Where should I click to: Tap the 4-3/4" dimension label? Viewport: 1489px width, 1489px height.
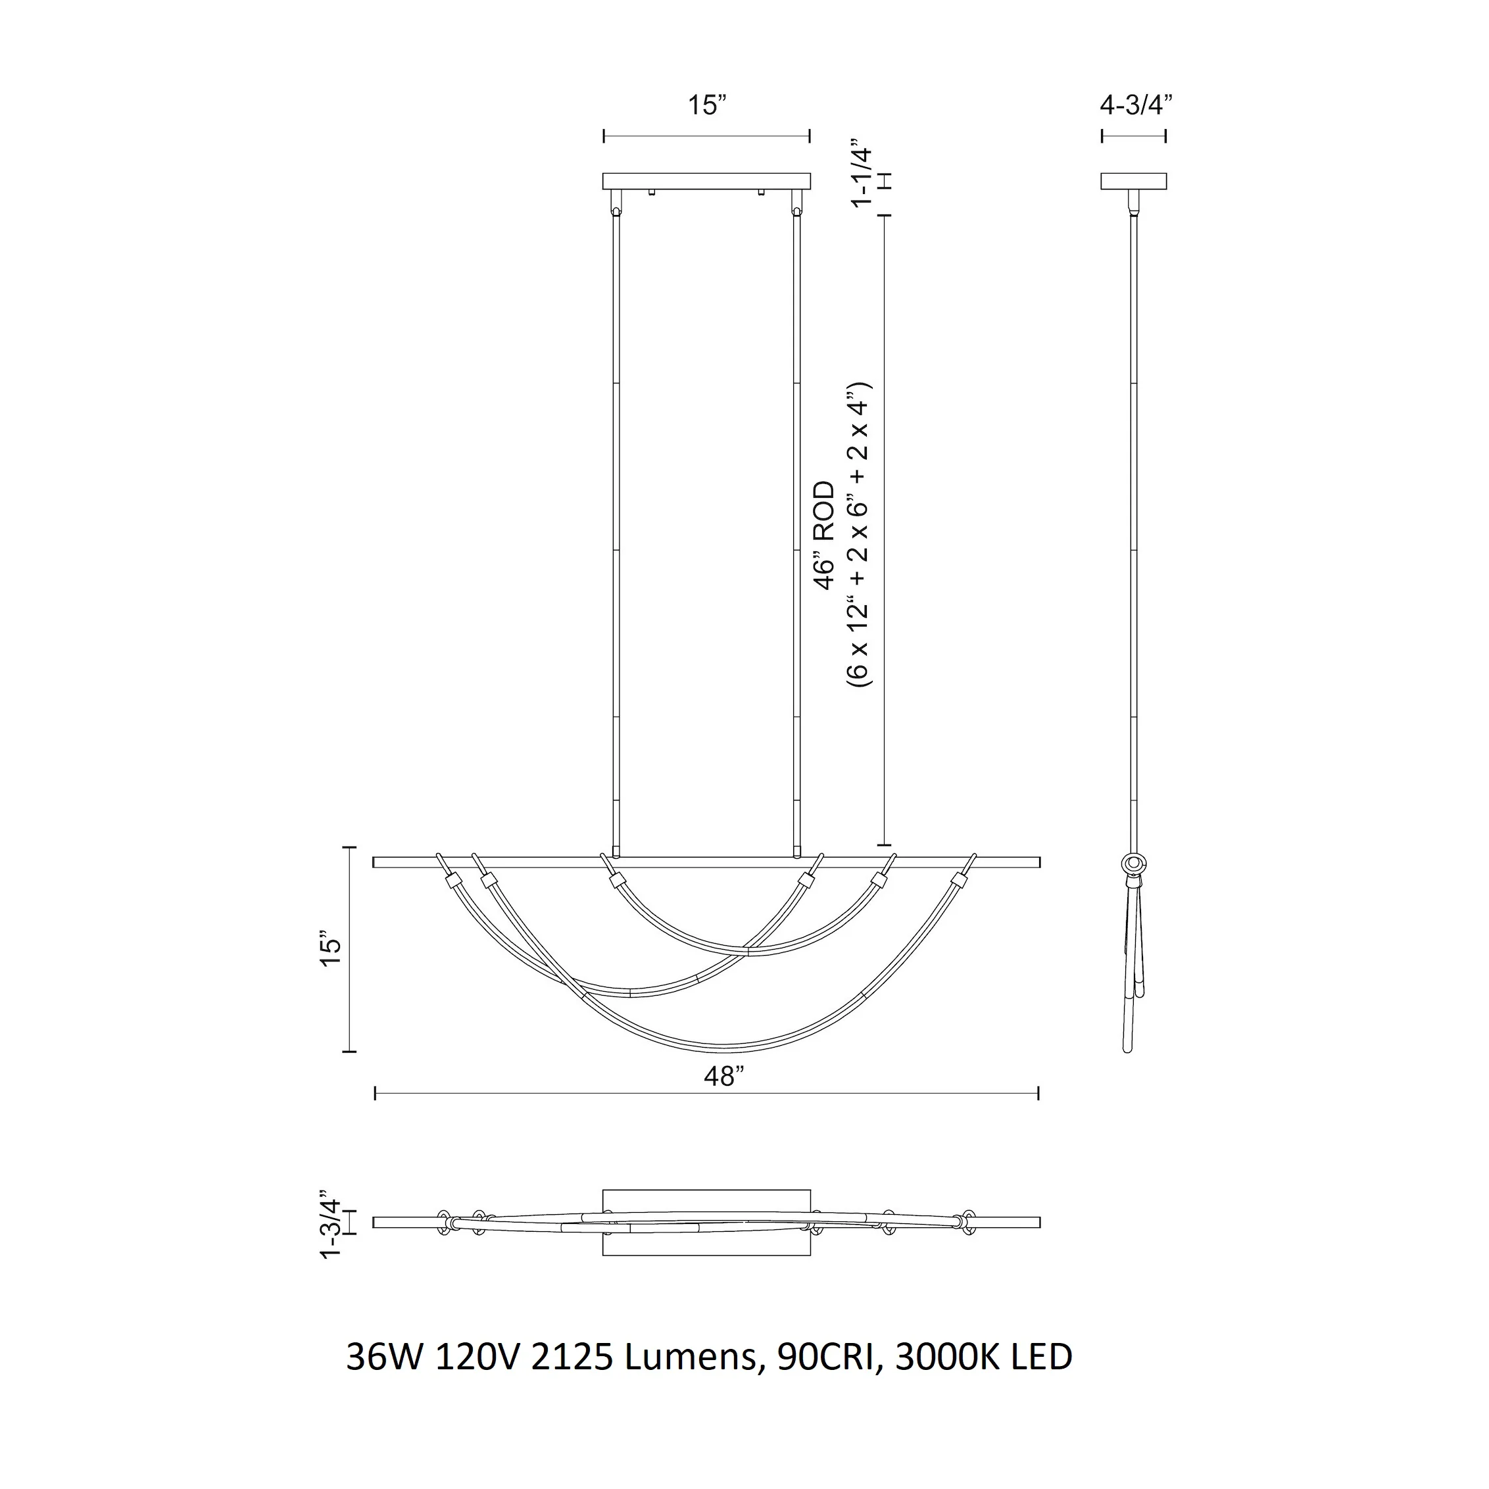[x=1136, y=105]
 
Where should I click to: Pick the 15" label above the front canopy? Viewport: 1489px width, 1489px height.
[x=708, y=105]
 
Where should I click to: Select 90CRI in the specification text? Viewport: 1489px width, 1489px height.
[x=828, y=1378]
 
